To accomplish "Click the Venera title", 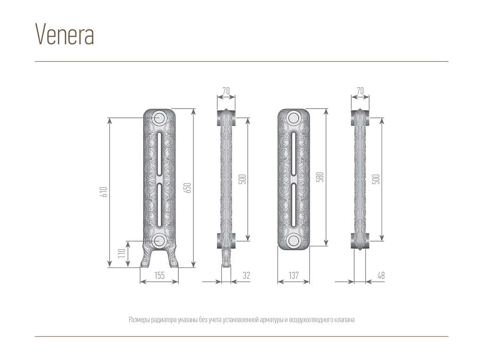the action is tap(64, 34).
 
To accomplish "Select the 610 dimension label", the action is tap(105, 192).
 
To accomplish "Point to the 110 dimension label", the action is tap(122, 253).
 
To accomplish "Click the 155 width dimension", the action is tap(159, 275).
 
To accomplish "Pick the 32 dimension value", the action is tap(246, 275).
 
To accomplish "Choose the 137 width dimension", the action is tap(293, 275).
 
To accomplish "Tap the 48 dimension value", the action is tap(381, 275).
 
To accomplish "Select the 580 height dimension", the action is tap(320, 177).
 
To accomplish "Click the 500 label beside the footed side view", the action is tap(243, 179).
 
